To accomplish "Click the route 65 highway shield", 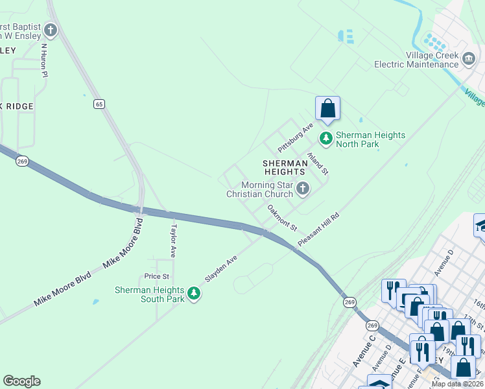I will coord(99,104).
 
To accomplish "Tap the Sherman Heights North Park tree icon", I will coord(325,138).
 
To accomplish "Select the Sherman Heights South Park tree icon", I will coord(193,294).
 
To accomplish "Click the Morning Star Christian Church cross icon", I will coord(302,189).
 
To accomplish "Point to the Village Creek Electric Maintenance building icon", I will coord(468,60).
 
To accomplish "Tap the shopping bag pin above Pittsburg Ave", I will coord(327,108).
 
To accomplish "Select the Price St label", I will coord(157,276).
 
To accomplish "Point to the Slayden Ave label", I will coord(222,267).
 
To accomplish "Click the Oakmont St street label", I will coord(282,218).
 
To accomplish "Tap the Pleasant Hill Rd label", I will coord(318,228).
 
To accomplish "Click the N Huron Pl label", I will coord(45,60).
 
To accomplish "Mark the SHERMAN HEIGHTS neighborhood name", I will coord(284,167).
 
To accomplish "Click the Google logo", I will coord(21,381).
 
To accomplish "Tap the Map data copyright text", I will coord(457,384).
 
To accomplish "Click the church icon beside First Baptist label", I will coord(51,30).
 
